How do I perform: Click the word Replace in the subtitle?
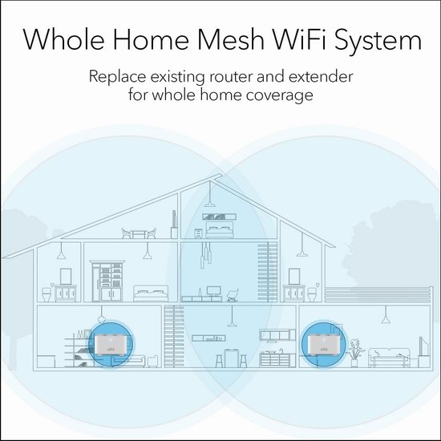(x=117, y=76)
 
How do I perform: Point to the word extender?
(x=321, y=76)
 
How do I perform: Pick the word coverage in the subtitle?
(x=280, y=95)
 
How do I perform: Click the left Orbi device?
(x=111, y=345)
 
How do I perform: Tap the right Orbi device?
(x=323, y=345)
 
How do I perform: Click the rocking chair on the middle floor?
(x=233, y=295)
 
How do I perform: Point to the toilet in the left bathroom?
(x=47, y=293)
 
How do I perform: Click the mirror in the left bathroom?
(x=66, y=277)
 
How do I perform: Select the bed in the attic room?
(x=220, y=229)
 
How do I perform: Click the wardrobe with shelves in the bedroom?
(x=107, y=281)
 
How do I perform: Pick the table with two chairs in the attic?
(x=139, y=233)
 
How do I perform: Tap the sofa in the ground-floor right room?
(x=389, y=357)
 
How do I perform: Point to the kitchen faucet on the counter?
(x=281, y=351)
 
